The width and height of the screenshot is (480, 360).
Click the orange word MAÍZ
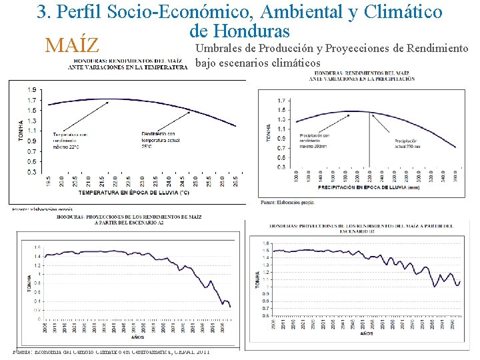71,45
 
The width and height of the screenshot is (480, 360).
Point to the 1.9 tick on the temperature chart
31,89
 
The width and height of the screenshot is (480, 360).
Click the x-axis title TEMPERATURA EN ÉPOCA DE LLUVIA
133,193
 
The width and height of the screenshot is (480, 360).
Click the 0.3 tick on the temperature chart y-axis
31,172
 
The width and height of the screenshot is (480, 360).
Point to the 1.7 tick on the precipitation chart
282,100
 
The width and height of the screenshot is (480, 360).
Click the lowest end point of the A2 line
230,306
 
